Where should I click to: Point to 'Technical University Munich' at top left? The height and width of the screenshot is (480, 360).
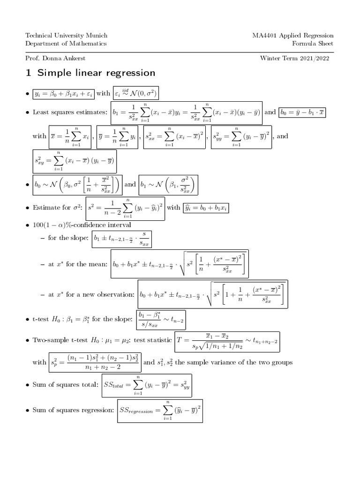coord(66,36)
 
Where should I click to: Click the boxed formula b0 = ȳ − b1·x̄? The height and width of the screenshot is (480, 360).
coord(302,112)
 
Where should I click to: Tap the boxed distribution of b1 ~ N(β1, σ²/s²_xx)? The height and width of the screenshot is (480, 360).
coord(168,185)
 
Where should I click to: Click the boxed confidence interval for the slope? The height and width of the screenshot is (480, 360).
coord(122,238)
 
